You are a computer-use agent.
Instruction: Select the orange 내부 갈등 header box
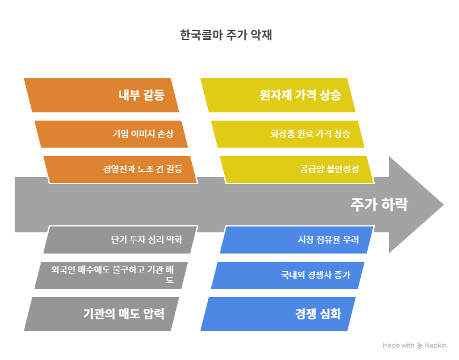101,95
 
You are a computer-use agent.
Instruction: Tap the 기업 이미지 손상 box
112,134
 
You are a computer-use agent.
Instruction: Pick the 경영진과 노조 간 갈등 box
121,169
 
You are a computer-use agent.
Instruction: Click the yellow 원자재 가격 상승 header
278,95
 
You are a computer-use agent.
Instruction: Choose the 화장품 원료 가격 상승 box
287,134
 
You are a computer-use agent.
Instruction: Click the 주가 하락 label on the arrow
379,205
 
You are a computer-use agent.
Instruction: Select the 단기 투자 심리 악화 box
121,239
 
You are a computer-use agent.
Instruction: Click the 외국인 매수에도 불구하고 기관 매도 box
112,275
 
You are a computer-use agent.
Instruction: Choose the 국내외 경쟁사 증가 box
287,275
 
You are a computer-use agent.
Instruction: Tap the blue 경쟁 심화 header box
278,314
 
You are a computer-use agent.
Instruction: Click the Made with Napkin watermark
414,345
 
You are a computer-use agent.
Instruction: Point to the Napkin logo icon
420,345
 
